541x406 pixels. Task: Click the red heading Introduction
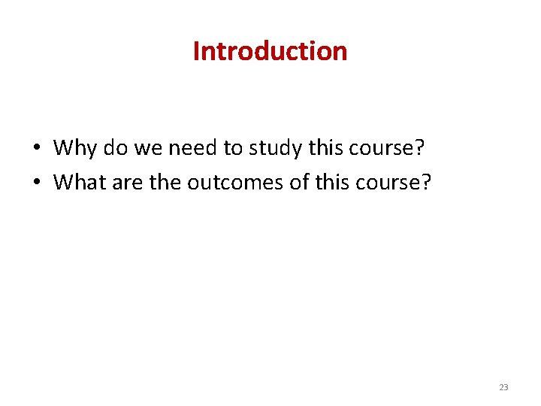click(270, 51)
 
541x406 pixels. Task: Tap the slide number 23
click(503, 387)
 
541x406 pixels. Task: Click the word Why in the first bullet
click(75, 147)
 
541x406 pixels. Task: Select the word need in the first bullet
click(193, 147)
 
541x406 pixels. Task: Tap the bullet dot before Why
click(36, 149)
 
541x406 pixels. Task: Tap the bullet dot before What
click(36, 183)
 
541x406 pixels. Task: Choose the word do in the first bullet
click(116, 147)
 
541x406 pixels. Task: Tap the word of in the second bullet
click(296, 181)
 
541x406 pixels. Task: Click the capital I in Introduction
click(197, 51)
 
